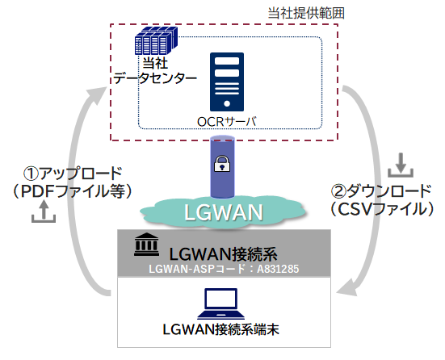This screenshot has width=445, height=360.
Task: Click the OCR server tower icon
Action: [226, 82]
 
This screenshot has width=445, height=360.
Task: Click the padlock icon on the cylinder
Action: [221, 165]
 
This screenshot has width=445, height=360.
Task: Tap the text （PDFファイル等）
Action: [73, 190]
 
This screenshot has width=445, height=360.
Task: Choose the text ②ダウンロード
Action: [383, 192]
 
